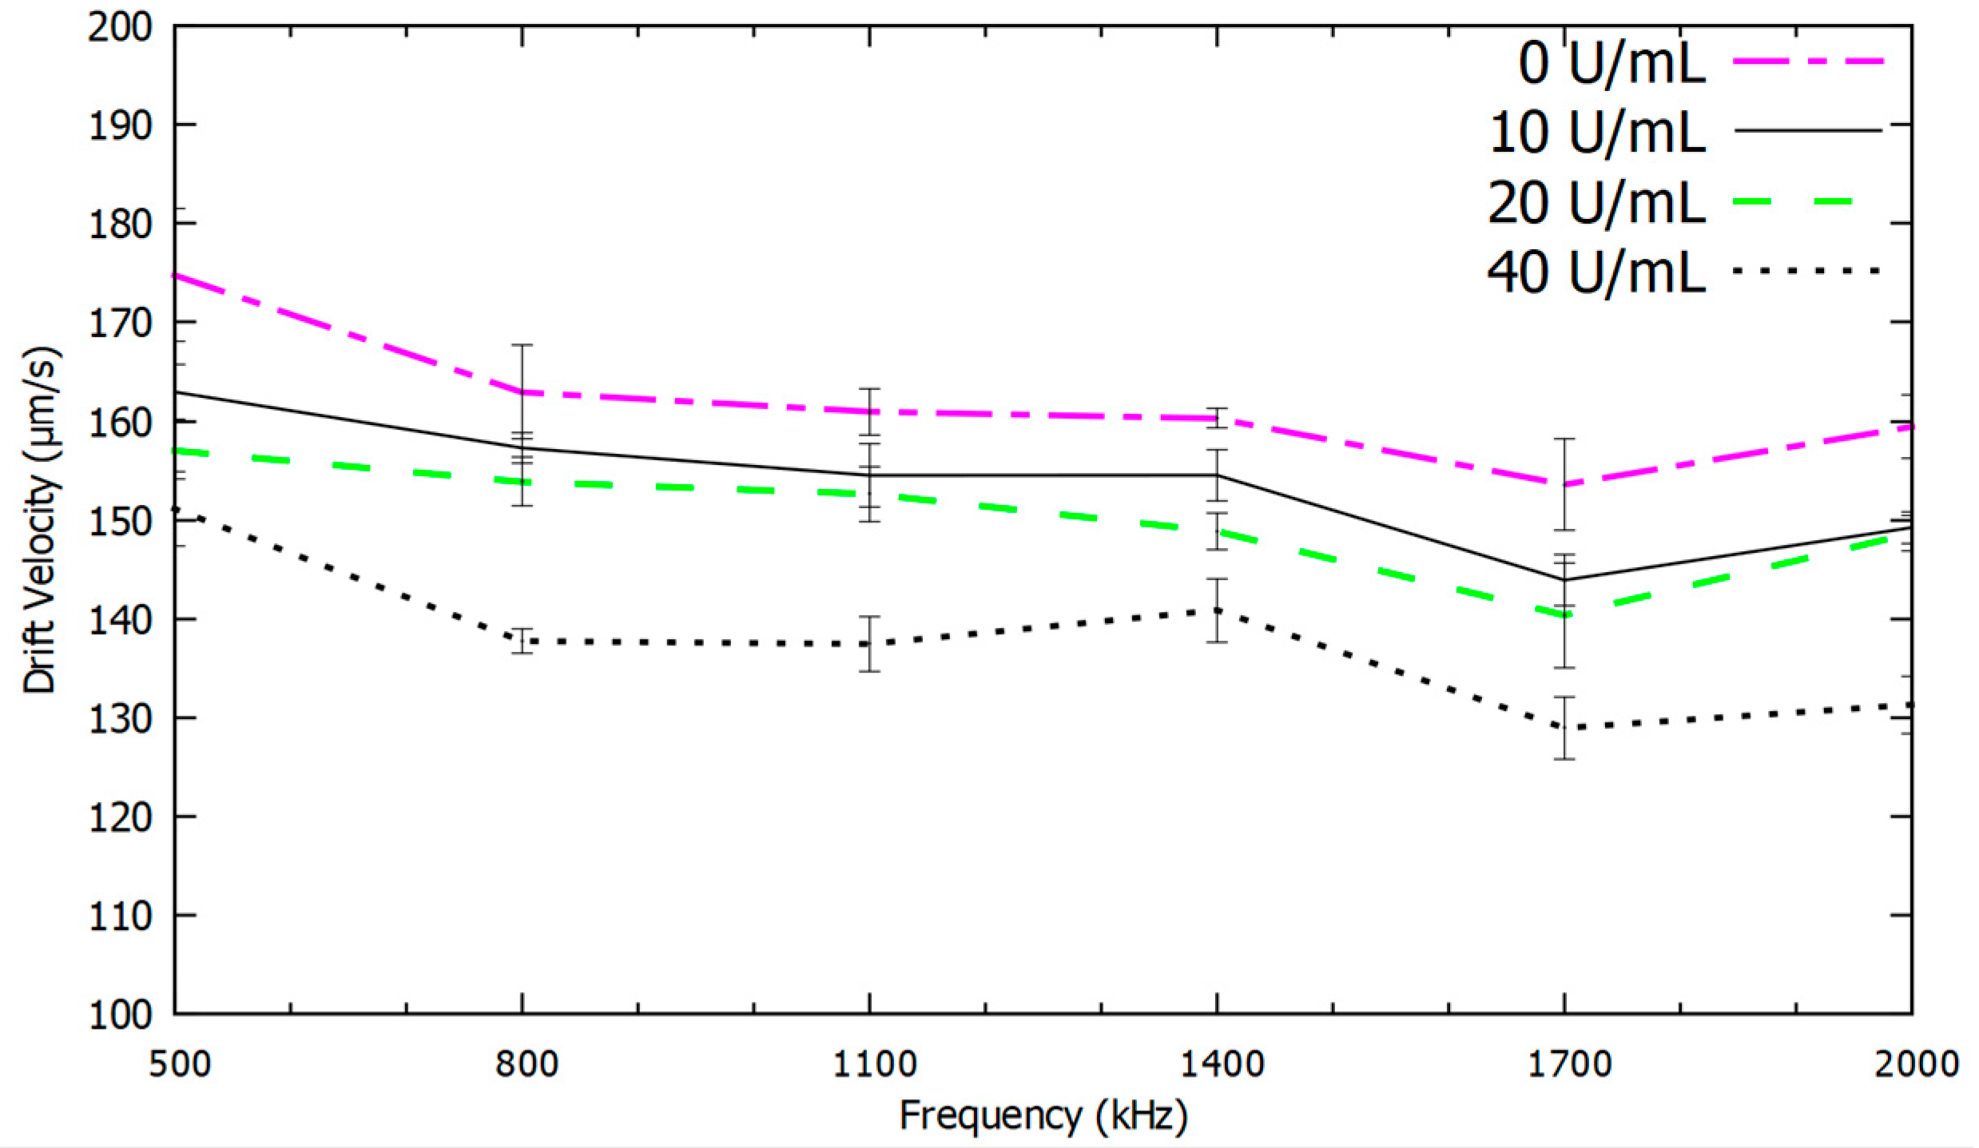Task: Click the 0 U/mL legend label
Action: click(1611, 63)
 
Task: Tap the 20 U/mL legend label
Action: click(1596, 202)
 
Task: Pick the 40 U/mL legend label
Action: click(1596, 272)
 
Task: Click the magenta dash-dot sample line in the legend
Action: click(1808, 61)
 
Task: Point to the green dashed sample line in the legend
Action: click(1808, 201)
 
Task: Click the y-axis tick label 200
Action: click(119, 27)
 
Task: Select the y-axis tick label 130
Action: click(119, 718)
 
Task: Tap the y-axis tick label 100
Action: click(119, 1015)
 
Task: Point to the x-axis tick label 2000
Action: click(1915, 1064)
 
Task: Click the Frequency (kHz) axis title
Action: click(1043, 1116)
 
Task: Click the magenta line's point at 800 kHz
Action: click(523, 391)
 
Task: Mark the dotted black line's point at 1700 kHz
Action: click(1564, 727)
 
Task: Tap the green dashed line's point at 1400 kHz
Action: click(1217, 530)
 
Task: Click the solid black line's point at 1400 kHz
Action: click(1217, 475)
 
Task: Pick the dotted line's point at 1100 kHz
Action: click(869, 643)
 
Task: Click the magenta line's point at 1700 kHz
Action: click(1564, 484)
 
